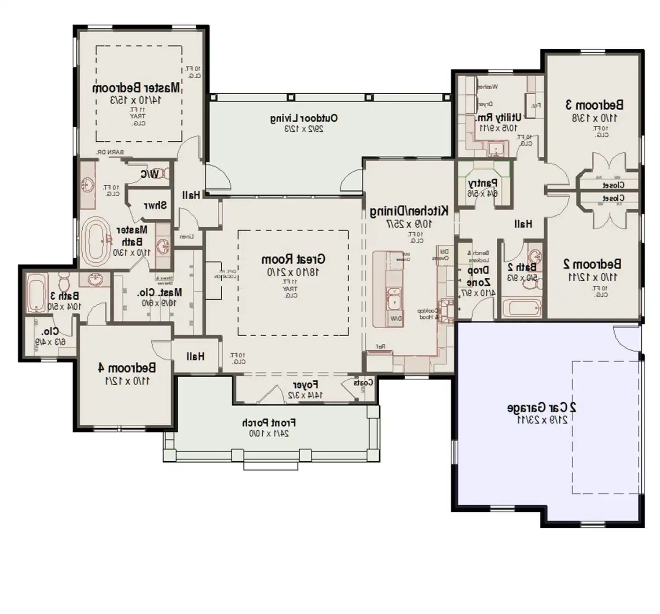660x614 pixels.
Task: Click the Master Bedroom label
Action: click(136, 88)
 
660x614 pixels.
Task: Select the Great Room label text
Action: click(293, 259)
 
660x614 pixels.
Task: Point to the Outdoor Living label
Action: click(304, 118)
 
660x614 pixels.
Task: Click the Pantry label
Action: click(483, 183)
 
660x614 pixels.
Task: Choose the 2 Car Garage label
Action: click(542, 408)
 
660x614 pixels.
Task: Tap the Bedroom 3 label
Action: click(594, 105)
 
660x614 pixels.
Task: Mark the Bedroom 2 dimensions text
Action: click(592, 277)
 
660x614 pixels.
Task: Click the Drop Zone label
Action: click(478, 276)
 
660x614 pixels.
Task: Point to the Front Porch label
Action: click(269, 423)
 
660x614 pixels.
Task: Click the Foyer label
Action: click(305, 386)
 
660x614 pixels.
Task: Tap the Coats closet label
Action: click(363, 383)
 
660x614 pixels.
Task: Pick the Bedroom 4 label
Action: click(127, 368)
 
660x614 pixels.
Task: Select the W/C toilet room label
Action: click(150, 175)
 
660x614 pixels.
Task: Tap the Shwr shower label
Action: click(155, 206)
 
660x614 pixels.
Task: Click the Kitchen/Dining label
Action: click(409, 211)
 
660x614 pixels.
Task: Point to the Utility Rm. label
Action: click(498, 118)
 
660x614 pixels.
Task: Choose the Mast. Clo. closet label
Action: click(159, 293)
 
